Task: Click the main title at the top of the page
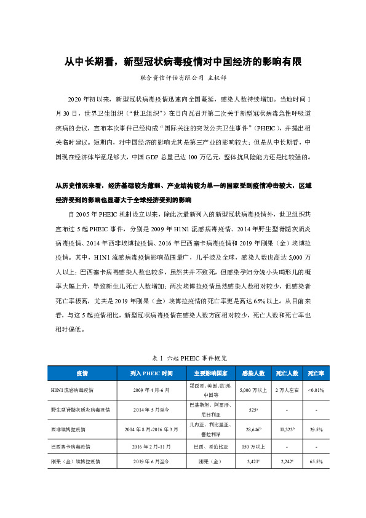(183, 62)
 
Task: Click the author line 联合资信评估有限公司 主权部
(183, 78)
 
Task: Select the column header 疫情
(82, 373)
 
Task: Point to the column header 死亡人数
(287, 373)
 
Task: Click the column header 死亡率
(316, 373)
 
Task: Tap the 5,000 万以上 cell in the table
(253, 390)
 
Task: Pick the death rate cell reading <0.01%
(316, 390)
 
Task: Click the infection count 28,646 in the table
(253, 429)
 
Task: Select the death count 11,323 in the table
(287, 429)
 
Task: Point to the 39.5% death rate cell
(316, 429)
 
